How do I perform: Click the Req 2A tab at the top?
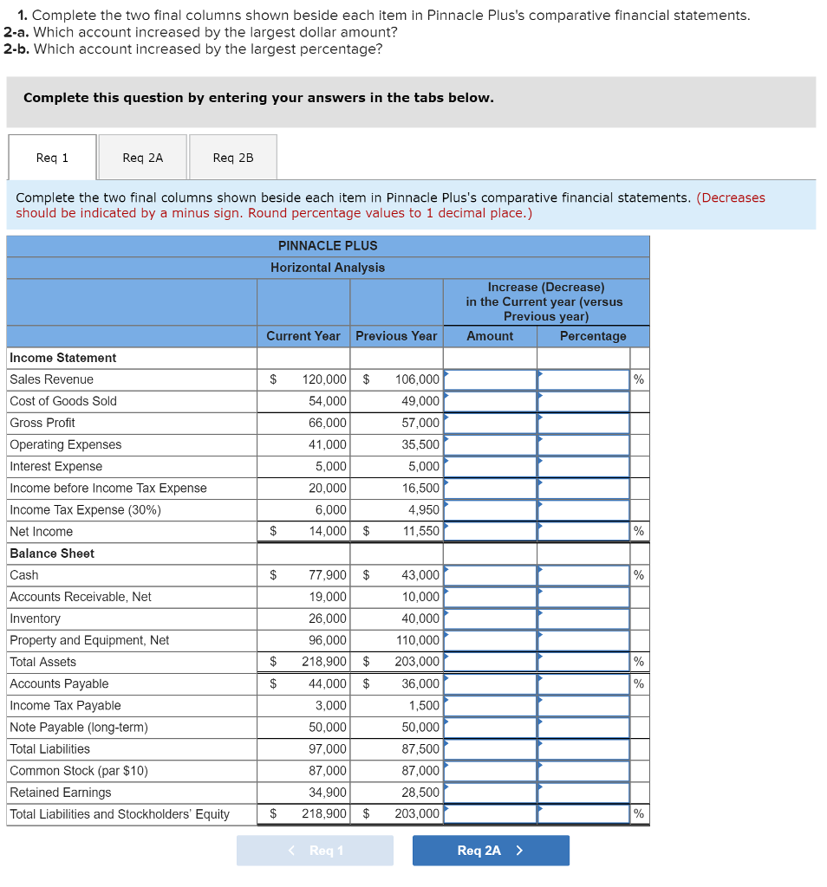tap(142, 158)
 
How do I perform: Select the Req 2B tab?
tap(233, 158)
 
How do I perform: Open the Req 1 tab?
tap(52, 158)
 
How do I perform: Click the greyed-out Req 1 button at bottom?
tap(315, 851)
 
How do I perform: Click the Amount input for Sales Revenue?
tap(490, 379)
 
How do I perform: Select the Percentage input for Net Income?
tap(583, 531)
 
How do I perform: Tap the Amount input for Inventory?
tap(490, 618)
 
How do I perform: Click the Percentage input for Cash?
tap(583, 575)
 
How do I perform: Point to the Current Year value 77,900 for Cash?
tap(324, 575)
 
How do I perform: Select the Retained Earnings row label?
tap(61, 793)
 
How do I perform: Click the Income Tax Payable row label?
tap(65, 706)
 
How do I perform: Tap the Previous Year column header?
tap(396, 336)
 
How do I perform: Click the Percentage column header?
tap(593, 336)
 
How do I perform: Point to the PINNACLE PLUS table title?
tap(328, 246)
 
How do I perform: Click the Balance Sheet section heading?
tap(52, 554)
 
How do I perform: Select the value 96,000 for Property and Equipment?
tap(328, 640)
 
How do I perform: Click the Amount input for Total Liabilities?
tap(490, 749)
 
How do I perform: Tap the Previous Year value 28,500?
tap(420, 793)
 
